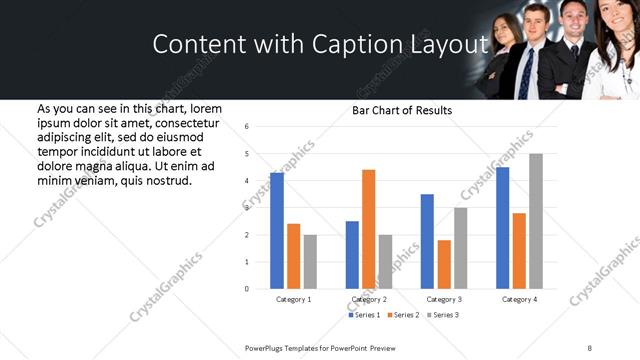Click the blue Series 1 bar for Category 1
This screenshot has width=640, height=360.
277,230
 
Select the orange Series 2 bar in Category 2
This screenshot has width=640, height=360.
368,229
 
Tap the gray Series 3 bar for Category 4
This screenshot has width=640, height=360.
536,221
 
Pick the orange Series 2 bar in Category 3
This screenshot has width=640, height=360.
444,264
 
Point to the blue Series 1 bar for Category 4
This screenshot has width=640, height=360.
503,228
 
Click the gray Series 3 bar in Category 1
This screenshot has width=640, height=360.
310,262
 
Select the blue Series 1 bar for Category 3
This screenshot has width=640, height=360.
427,241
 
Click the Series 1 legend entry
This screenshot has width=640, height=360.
364,315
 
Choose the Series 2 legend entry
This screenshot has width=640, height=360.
402,315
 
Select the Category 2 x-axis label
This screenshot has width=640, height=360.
369,300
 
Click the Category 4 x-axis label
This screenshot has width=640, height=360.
520,300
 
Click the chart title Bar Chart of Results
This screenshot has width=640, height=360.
402,110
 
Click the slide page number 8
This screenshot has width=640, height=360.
590,347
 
